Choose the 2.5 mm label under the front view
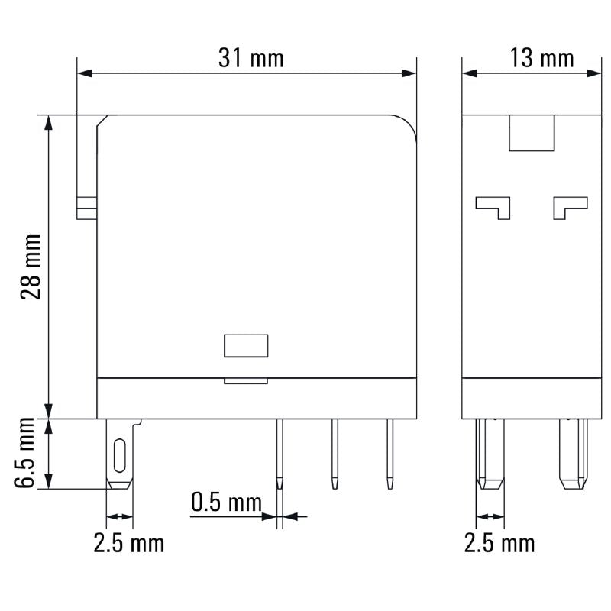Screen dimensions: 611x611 [x=128, y=544]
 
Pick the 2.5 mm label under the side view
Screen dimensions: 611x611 [x=499, y=544]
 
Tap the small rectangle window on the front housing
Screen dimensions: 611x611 [x=245, y=345]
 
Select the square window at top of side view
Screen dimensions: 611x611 [x=532, y=133]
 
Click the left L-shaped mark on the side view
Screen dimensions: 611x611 [x=493, y=206]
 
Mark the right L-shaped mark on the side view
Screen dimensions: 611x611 [x=570, y=206]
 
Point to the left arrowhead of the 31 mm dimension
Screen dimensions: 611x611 [x=85, y=74]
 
